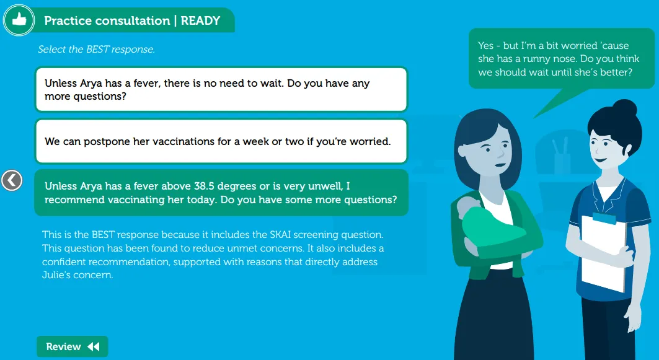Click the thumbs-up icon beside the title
[19, 20]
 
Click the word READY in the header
[200, 20]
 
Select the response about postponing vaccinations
[221, 141]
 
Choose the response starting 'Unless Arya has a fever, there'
[221, 89]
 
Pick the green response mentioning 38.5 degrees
[221, 193]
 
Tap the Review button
[73, 346]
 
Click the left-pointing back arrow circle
[12, 181]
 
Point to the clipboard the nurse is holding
[604, 252]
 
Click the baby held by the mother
[490, 229]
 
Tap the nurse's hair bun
[624, 108]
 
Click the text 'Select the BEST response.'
[96, 49]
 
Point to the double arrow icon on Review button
[94, 346]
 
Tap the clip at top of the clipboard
[604, 218]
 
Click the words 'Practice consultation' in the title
[107, 20]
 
